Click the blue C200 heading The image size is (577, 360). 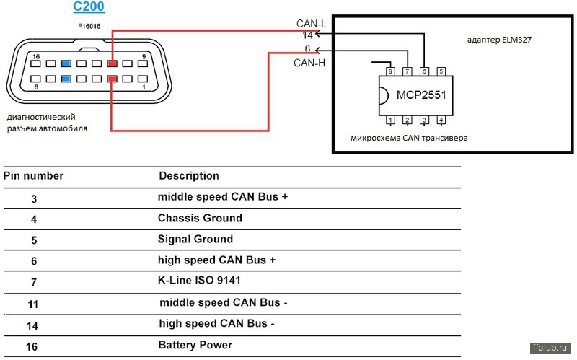(89, 6)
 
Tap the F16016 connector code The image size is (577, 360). (89, 26)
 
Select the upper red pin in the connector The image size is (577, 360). (113, 63)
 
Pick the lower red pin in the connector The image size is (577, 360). (113, 79)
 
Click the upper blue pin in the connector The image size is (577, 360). (66, 63)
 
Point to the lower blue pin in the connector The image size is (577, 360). (66, 79)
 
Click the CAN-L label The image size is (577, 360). (311, 24)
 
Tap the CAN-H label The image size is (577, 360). (309, 63)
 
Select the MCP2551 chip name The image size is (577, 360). (421, 95)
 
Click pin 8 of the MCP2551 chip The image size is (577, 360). (390, 71)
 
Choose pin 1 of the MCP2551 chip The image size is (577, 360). (390, 120)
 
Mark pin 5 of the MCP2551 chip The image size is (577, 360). (441, 71)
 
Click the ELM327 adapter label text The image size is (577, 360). (499, 40)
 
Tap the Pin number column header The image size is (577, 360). (33, 176)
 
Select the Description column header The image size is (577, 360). (189, 176)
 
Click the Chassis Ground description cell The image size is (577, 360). (201, 219)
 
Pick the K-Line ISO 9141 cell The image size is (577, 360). (199, 281)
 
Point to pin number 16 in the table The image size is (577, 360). (32, 347)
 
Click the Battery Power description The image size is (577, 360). (195, 346)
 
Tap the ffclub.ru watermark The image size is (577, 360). (550, 348)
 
